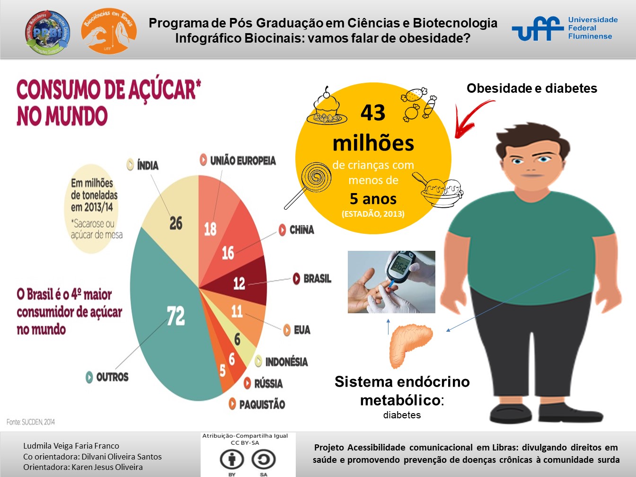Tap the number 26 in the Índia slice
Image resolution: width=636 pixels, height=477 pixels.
click(176, 223)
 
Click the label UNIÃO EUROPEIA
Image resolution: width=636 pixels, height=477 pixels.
click(242, 161)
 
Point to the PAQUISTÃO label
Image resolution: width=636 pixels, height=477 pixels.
click(262, 405)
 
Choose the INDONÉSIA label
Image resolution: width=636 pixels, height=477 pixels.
click(286, 362)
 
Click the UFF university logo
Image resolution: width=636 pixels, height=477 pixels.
click(565, 28)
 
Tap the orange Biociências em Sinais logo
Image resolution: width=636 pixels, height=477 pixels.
click(108, 31)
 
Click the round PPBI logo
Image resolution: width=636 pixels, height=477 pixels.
click(47, 32)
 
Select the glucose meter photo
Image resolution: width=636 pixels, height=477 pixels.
click(391, 282)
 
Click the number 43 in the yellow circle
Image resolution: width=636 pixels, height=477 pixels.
click(373, 113)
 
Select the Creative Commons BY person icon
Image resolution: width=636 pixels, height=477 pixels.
click(231, 459)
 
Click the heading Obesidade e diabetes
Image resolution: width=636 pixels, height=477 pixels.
click(531, 88)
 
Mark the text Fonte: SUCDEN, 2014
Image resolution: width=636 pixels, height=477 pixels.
click(31, 422)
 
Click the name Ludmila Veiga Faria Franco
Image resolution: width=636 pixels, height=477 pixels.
click(71, 446)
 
